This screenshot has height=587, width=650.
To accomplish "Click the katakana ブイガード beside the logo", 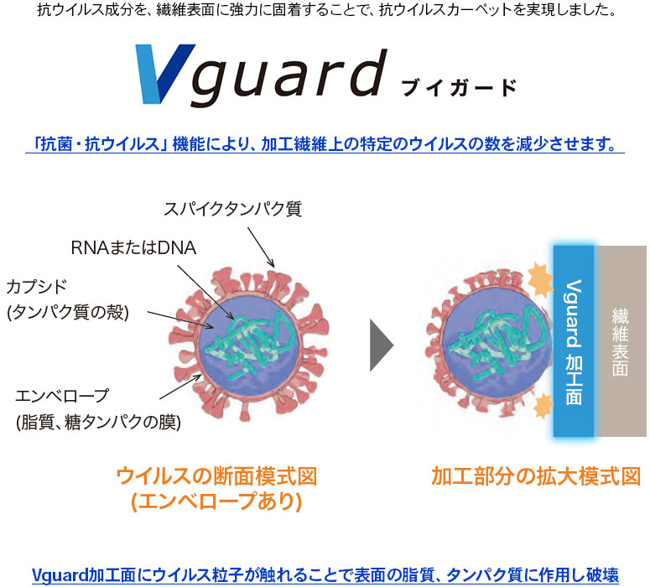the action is pos(460,88).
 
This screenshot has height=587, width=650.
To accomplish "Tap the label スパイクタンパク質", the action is pos(233,209).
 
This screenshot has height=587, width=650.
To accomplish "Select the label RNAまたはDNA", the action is pos(133,248).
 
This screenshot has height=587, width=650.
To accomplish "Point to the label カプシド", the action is pos(36,287).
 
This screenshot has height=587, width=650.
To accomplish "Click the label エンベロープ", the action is pos(62,396).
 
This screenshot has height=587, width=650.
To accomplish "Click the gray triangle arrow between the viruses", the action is pos(382,345).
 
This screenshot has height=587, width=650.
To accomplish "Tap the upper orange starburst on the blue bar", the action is pos(540,278).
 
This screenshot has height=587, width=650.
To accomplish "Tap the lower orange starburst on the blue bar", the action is pos(543,405).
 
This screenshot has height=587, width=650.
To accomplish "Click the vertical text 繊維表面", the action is pos(620,342).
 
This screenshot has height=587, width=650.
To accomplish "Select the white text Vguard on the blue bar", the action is pos(574,314).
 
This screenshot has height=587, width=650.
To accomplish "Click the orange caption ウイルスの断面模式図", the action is pos(216,476).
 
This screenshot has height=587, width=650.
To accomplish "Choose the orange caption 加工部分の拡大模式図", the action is pos(536,476).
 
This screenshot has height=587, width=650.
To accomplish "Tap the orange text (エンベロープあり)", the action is pos(216,501).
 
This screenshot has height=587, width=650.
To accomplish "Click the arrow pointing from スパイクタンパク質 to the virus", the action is pos(261,247).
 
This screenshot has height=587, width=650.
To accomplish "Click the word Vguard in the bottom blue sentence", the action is pos(60,575).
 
